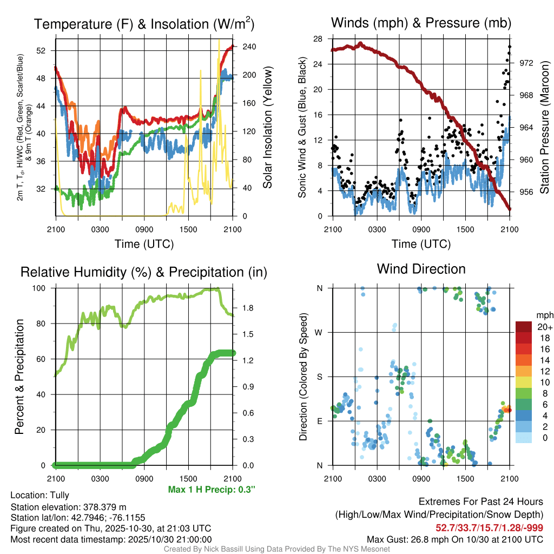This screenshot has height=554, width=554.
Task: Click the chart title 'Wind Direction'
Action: (421, 269)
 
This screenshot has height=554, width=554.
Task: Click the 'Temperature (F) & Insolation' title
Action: (144, 24)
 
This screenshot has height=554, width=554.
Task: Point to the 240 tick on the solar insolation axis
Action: (243, 47)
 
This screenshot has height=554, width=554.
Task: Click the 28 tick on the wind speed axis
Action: (318, 38)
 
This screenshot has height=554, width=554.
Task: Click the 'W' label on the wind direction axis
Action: (319, 332)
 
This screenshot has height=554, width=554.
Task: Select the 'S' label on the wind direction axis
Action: (320, 377)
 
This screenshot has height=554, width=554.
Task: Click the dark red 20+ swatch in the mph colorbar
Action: (524, 327)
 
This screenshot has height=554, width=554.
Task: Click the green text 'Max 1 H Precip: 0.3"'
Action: (212, 490)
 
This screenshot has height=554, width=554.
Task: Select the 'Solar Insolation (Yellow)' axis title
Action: (268, 128)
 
